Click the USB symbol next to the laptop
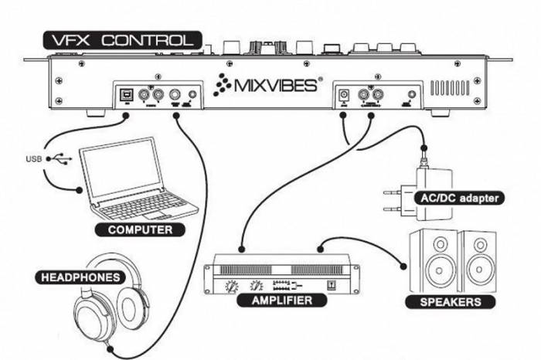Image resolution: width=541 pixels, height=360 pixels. pyautogui.click(x=60, y=160)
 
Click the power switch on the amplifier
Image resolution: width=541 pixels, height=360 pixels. pyautogui.click(x=334, y=283)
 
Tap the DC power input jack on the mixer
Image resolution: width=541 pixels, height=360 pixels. pyautogui.click(x=345, y=96)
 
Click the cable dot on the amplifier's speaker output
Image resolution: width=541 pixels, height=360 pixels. pyautogui.click(x=321, y=249)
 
